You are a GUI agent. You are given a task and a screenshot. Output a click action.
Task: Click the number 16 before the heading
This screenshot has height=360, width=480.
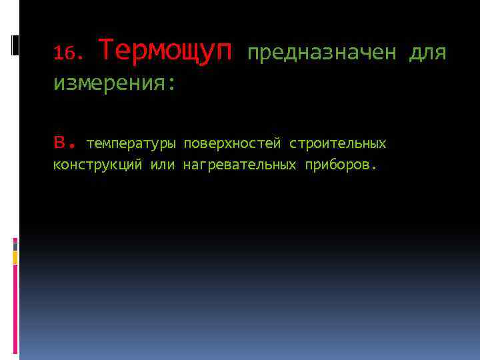pos(63,52)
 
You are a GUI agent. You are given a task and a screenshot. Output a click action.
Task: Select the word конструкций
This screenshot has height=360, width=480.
pos(97,165)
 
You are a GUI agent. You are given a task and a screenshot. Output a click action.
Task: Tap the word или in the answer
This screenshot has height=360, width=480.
pos(162,165)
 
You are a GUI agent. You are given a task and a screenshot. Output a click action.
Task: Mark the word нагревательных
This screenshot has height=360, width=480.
pos(239,165)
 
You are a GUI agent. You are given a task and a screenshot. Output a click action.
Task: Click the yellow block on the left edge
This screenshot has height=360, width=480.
pos(15,257)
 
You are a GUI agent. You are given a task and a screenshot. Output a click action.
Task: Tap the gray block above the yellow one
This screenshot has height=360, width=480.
pos(15,245)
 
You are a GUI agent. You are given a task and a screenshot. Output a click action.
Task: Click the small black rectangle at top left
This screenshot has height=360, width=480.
pos(15,45)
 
